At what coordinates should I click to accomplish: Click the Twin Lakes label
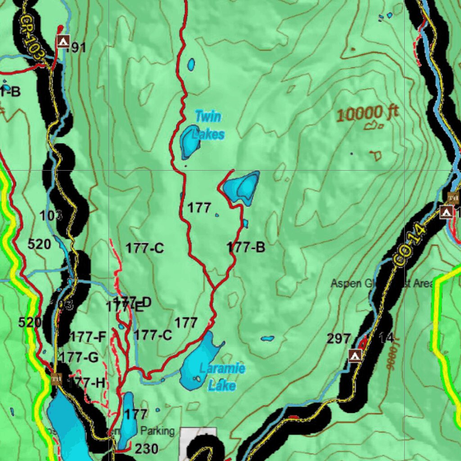point(208,125)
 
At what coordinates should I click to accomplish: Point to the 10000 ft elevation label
point(367,113)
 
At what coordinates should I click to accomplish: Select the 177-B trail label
point(246,247)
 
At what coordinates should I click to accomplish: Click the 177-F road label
point(88,336)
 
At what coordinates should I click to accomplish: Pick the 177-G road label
point(79,357)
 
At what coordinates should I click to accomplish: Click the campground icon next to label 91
point(63,42)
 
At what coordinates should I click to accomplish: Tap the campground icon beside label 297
point(355,356)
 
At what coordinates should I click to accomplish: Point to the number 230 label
point(147,448)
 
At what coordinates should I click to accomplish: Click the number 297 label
point(339,339)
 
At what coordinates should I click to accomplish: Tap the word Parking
point(157,431)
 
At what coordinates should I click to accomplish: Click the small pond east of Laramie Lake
point(267,339)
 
